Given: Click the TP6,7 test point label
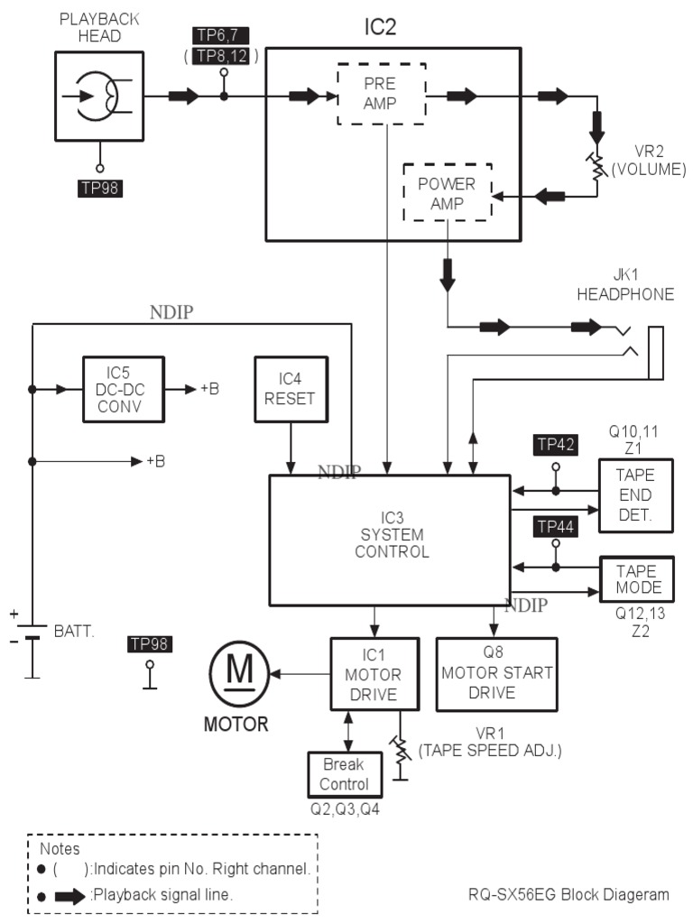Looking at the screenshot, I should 221,35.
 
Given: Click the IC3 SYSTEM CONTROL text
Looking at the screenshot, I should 391,535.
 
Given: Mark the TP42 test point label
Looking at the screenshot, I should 556,444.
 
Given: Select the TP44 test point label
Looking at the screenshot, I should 556,527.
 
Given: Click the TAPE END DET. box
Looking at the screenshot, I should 634,495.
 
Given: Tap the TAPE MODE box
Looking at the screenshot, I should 637,579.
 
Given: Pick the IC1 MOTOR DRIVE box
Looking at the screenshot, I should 374,674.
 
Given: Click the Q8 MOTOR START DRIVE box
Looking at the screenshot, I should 496,675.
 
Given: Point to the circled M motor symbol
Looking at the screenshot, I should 239,673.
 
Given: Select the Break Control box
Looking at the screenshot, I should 344,773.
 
